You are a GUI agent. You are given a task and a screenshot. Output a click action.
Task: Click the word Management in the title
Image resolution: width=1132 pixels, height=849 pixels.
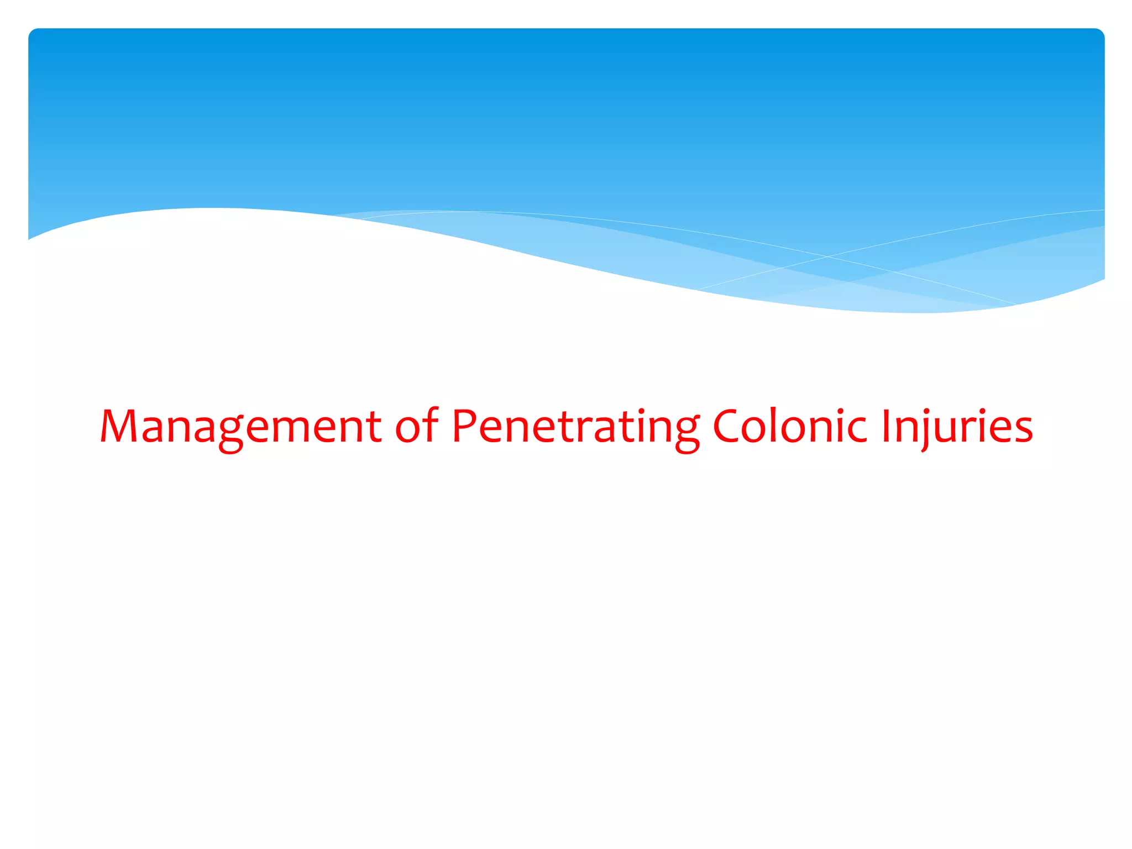(x=240, y=427)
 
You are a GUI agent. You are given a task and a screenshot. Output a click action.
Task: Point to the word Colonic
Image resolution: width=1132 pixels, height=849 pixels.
(x=789, y=427)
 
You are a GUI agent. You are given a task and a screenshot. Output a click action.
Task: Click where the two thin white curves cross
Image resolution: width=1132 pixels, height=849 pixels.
(x=829, y=256)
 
